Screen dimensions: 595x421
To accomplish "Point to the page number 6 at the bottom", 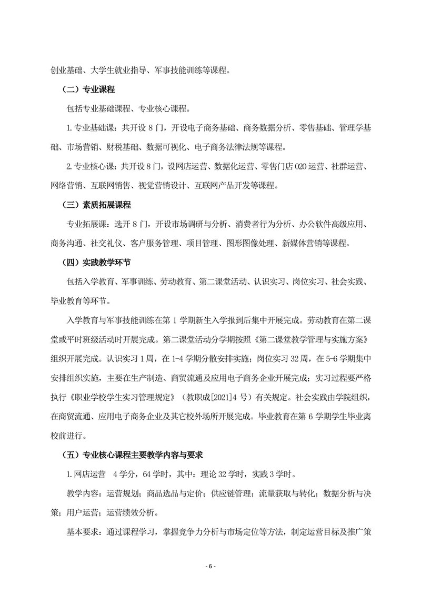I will [x=210, y=566].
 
